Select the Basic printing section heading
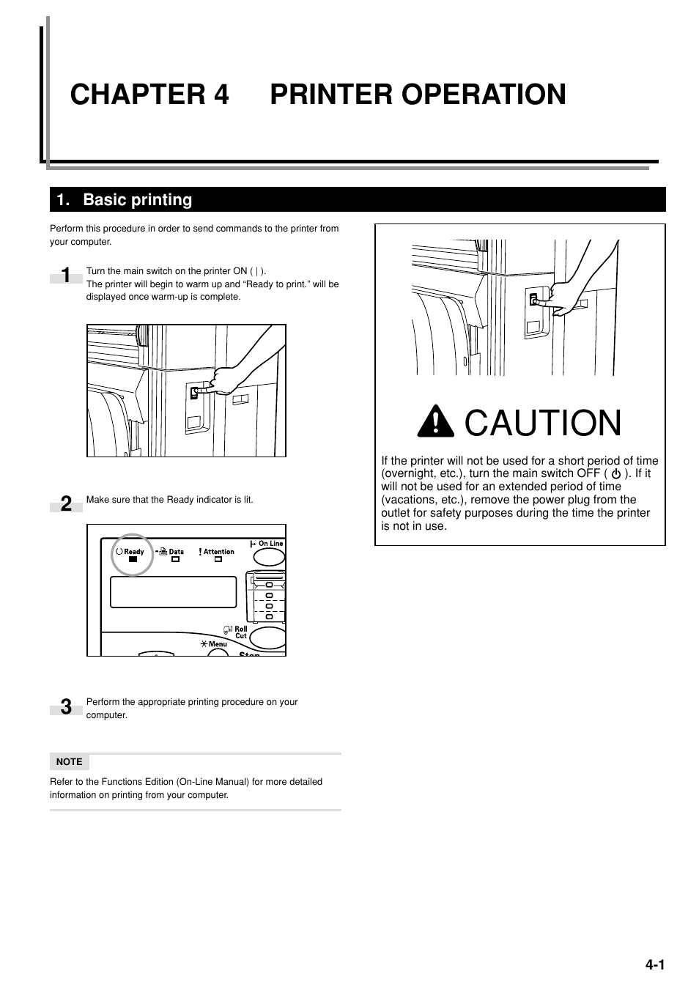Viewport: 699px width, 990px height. click(x=137, y=200)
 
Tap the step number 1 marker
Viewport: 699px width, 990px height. click(x=66, y=276)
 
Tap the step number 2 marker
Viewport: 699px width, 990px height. click(x=66, y=503)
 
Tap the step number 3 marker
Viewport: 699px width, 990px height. click(x=66, y=707)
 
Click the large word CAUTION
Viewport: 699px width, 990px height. click(x=543, y=424)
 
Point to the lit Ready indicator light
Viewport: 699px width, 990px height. click(x=133, y=559)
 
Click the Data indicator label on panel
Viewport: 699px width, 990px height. click(x=176, y=552)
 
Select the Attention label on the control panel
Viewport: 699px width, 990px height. click(x=218, y=552)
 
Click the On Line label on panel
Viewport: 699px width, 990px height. click(x=270, y=544)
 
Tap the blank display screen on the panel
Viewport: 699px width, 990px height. click(x=174, y=592)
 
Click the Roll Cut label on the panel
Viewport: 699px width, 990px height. click(x=240, y=632)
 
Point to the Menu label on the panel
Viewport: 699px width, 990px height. click(x=218, y=644)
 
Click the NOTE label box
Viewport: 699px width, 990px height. click(x=70, y=761)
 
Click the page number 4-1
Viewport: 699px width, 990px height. click(x=654, y=965)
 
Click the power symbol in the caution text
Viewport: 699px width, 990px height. click(x=615, y=474)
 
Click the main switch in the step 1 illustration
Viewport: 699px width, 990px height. click(x=195, y=393)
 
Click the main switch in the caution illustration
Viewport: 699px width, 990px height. click(x=534, y=300)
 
